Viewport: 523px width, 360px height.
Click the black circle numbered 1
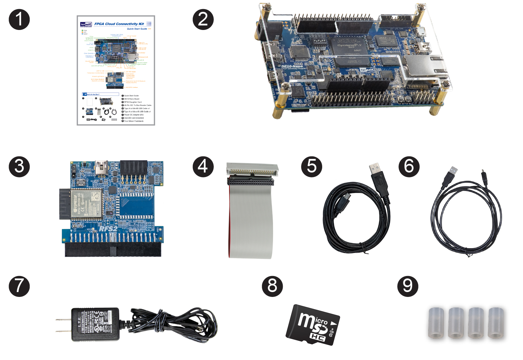pos(19,20)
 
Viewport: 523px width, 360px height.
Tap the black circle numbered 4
pos(203,167)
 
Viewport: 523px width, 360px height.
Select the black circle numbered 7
pos(19,286)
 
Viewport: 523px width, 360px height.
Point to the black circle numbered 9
pos(408,286)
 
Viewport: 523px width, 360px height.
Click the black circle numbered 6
pos(409,167)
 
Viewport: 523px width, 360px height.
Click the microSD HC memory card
pos(313,325)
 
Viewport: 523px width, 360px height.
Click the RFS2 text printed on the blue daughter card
pos(108,229)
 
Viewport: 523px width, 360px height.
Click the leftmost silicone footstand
pos(436,323)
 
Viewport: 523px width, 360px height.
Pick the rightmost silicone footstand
pos(496,323)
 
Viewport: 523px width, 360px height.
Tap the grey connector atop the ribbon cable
pos(252,169)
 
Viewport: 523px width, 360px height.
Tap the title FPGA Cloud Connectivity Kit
pos(119,24)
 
